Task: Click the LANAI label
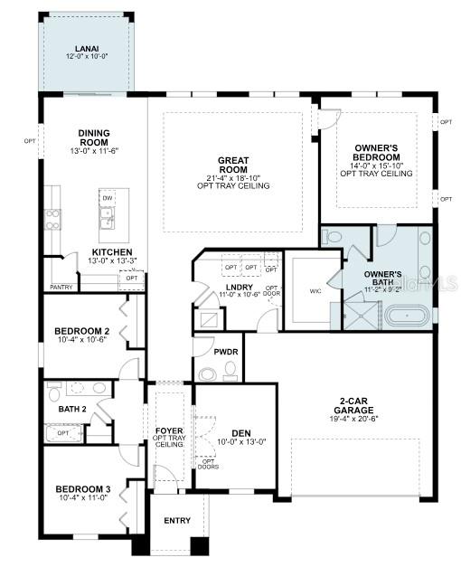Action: coord(88,49)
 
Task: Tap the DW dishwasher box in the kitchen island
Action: coord(108,197)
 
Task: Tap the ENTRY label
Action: coord(176,521)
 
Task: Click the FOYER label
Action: coord(169,430)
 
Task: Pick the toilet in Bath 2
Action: coord(54,394)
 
